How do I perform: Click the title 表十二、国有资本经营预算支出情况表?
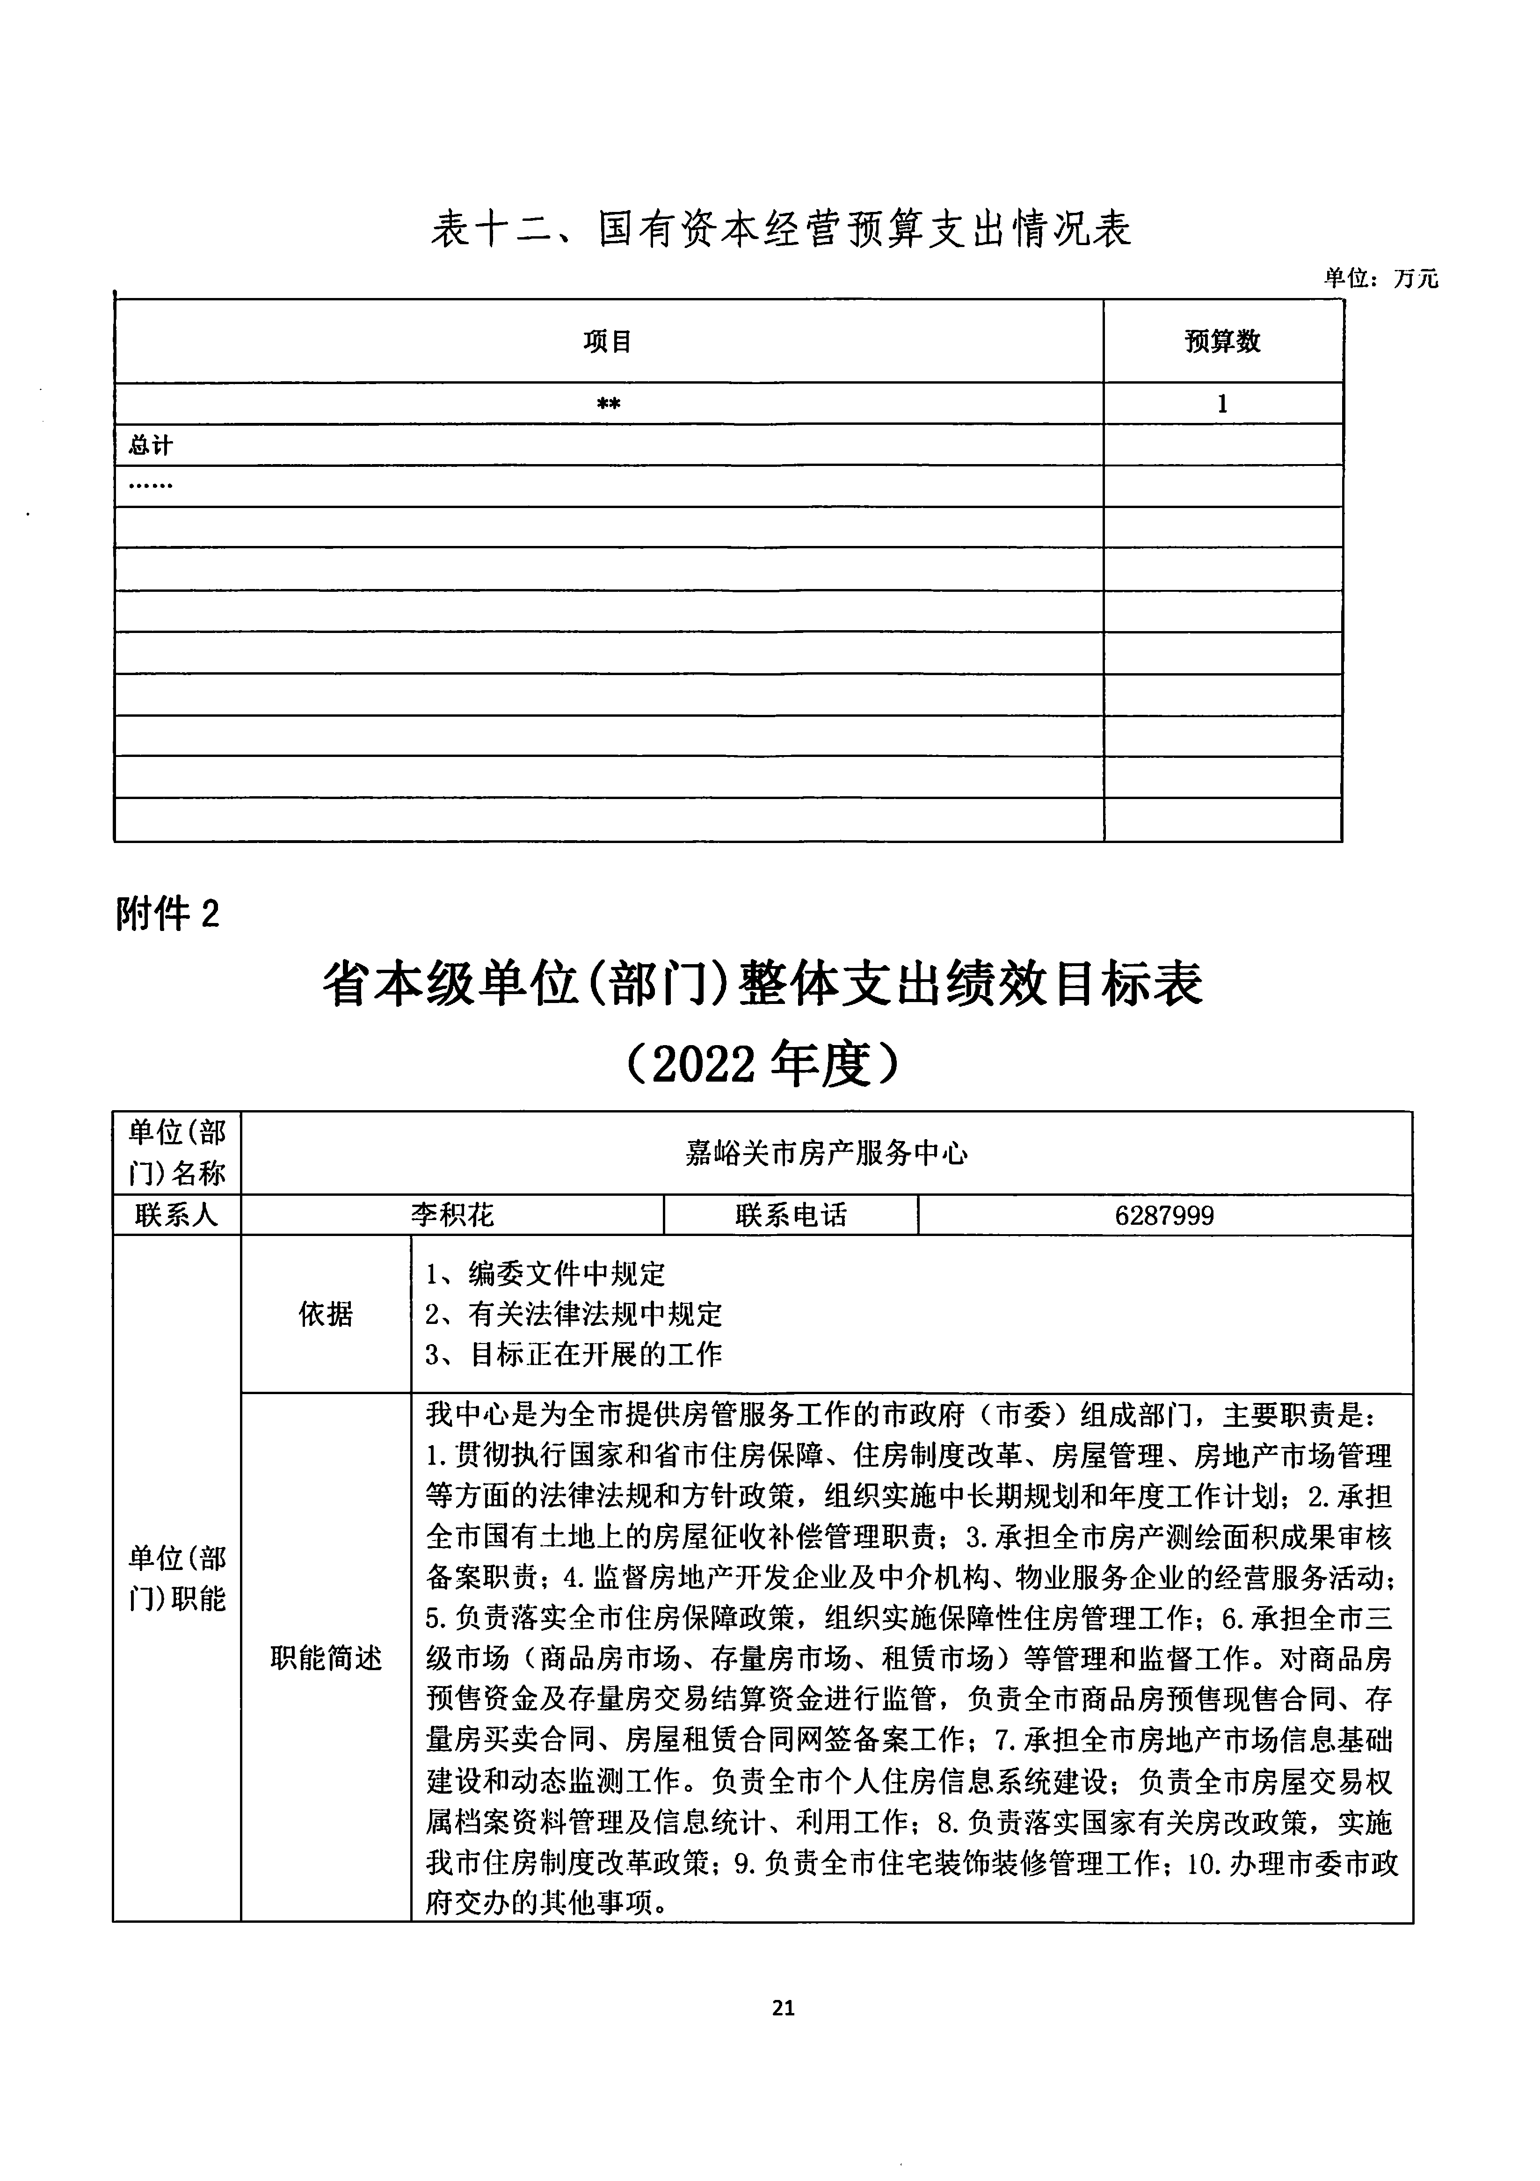coord(781,230)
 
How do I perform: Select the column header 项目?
coord(608,342)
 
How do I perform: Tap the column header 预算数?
coord(1223,342)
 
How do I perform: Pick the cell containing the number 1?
coord(1223,404)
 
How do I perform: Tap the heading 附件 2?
coord(167,914)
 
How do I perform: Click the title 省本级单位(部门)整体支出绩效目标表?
coord(762,983)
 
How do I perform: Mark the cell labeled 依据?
coord(326,1315)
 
